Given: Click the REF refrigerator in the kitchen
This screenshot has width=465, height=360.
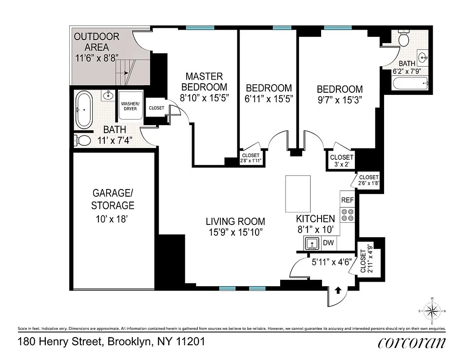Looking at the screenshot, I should click(x=347, y=199).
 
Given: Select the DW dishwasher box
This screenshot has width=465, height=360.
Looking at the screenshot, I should click(x=330, y=243).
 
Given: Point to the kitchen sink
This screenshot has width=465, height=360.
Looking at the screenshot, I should click(x=312, y=243).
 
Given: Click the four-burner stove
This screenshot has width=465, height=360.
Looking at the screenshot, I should click(x=347, y=215).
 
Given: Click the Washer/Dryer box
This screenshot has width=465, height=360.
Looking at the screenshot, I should click(x=130, y=106).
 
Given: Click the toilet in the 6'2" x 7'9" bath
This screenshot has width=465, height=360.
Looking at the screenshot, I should click(x=403, y=39).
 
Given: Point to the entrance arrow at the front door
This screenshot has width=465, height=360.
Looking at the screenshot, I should click(x=338, y=291).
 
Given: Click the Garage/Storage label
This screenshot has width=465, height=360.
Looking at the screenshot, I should click(x=112, y=199).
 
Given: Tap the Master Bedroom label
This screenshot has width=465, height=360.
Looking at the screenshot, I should click(x=204, y=81).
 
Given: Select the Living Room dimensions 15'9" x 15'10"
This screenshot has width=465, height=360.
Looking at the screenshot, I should click(x=234, y=232).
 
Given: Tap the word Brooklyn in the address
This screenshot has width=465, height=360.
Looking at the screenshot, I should click(x=128, y=342).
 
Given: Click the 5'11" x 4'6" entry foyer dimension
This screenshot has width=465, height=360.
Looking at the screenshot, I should click(x=331, y=261).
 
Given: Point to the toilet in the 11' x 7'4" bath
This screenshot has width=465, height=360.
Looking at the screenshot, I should click(x=81, y=140).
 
